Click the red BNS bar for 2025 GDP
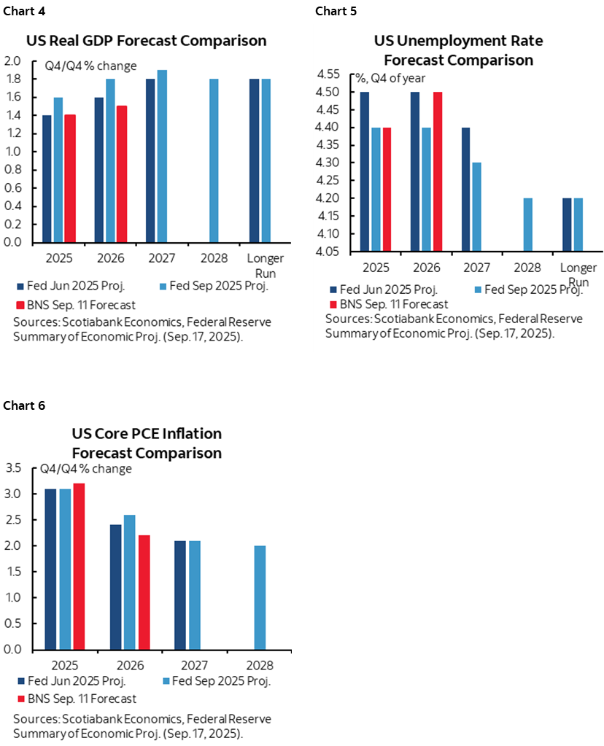(70, 179)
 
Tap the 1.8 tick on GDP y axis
(14, 79)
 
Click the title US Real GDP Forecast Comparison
(147, 40)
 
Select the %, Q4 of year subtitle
(390, 79)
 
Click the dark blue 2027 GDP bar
(150, 160)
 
